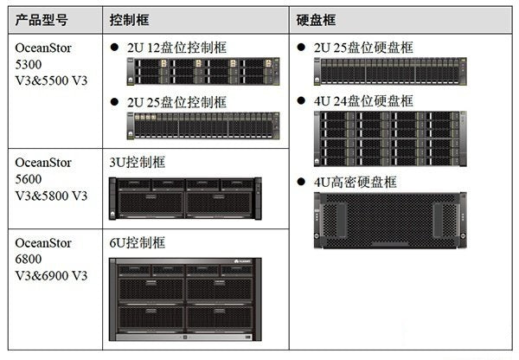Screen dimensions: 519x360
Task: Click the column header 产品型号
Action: pos(42,20)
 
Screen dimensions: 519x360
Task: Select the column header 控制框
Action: pos(130,20)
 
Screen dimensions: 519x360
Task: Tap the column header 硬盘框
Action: pos(316,20)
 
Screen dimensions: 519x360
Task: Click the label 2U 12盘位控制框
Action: pos(177,48)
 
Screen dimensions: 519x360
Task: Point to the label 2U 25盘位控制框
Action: pos(177,102)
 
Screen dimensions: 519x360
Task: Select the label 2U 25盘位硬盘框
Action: pos(364,48)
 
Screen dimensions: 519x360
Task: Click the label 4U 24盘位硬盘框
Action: pos(364,101)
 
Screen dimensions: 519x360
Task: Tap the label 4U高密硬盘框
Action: pos(356,182)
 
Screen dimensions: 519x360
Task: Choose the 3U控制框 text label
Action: pos(138,163)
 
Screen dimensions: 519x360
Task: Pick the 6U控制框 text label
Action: pos(138,243)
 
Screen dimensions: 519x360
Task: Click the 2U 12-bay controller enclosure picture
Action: pos(203,72)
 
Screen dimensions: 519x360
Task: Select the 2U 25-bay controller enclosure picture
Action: pos(203,125)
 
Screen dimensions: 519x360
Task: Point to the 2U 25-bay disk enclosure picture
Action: pos(390,72)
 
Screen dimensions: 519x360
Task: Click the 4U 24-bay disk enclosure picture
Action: pos(390,138)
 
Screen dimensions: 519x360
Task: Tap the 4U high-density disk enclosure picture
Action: pos(390,221)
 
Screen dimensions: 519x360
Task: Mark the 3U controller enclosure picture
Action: pos(185,199)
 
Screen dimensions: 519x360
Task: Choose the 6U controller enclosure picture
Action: pos(185,299)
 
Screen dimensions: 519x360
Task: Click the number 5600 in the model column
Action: pos(29,179)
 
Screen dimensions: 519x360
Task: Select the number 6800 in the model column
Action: pos(29,259)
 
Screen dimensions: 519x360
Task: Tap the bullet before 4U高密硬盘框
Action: pos(301,182)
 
